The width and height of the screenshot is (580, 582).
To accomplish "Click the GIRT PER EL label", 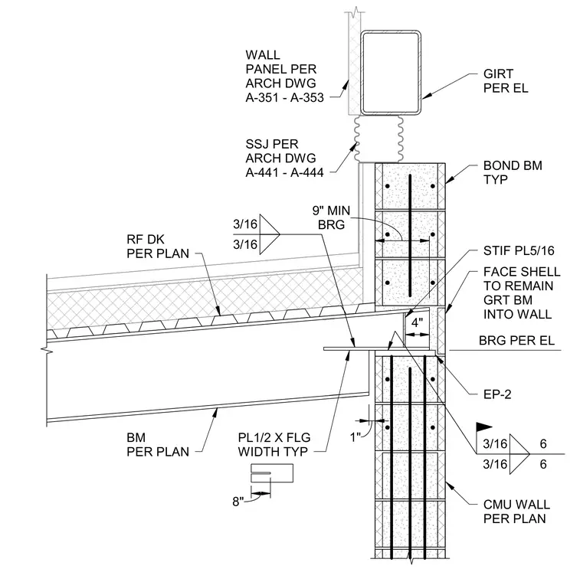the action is coord(506,81).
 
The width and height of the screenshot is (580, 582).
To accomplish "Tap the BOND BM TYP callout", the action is coord(513,172).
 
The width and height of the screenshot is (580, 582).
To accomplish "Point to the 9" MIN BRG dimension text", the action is coord(331,217).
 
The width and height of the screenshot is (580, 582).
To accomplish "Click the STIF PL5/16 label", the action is coord(519,251).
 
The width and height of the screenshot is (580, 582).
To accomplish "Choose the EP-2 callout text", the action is coord(497,394).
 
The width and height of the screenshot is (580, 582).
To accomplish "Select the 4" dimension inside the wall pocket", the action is coord(417,322).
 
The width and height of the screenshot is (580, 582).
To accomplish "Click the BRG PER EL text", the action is coord(516,340).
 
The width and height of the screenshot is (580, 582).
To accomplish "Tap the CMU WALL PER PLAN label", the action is coord(516,512).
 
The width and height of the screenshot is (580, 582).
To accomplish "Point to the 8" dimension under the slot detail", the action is coord(238,502).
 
